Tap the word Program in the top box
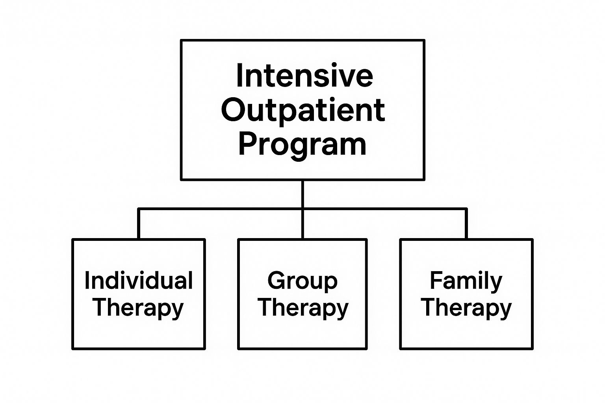[x=302, y=144]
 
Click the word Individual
[x=139, y=281]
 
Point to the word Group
[x=302, y=281]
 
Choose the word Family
[x=466, y=281]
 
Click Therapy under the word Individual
[x=139, y=307]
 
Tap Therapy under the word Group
[x=303, y=307]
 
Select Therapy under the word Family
[x=466, y=307]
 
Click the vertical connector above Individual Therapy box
[x=139, y=224]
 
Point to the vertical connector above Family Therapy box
[x=466, y=224]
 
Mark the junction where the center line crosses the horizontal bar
[x=302, y=209]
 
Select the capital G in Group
[x=277, y=281]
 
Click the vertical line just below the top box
[x=302, y=194]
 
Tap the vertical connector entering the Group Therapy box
[x=302, y=224]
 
